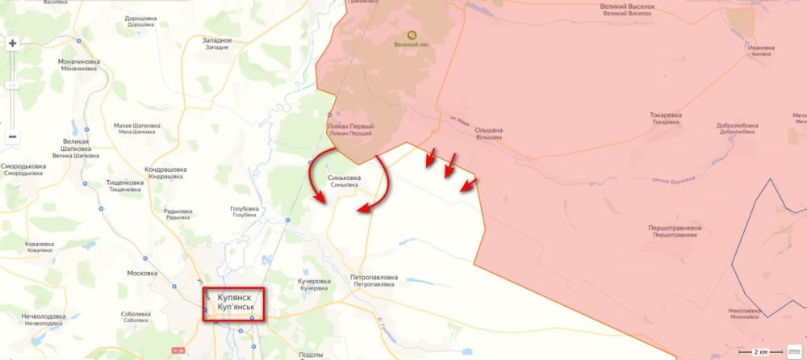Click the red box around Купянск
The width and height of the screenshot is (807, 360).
(233, 304)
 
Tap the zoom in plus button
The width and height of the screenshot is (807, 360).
(13, 44)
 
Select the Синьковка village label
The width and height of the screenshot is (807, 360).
(344, 180)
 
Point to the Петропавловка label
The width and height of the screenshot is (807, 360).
(374, 281)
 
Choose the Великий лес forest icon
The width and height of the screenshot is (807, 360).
(412, 36)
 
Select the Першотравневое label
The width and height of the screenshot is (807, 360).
(675, 232)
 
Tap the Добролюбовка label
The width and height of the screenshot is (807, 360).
(737, 129)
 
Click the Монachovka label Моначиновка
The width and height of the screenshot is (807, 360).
(79, 65)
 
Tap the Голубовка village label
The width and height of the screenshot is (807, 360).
(245, 211)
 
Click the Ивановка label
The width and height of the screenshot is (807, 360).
(761, 50)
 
